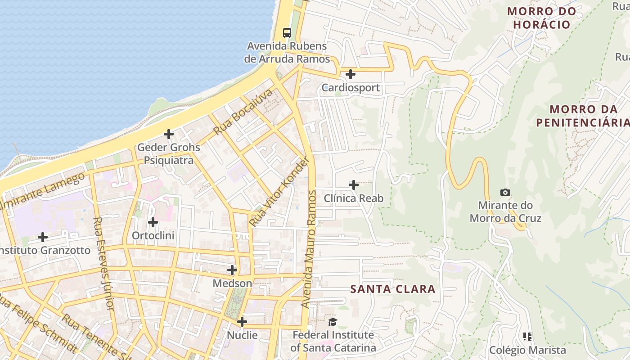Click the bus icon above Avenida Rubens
(287, 32)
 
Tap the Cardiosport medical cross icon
(351, 74)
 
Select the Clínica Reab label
(354, 198)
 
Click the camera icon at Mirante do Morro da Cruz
(505, 192)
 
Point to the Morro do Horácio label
(542, 18)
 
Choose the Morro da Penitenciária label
(583, 116)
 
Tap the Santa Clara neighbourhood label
(393, 289)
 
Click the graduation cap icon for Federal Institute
(333, 322)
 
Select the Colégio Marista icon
(527, 337)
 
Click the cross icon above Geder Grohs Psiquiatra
(169, 134)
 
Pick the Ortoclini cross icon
(153, 222)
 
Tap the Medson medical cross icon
(232, 270)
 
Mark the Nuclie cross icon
(242, 322)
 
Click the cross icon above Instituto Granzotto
(43, 237)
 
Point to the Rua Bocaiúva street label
(243, 112)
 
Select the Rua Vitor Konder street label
(280, 191)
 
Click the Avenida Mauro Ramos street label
(309, 249)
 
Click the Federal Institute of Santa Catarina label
(333, 342)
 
